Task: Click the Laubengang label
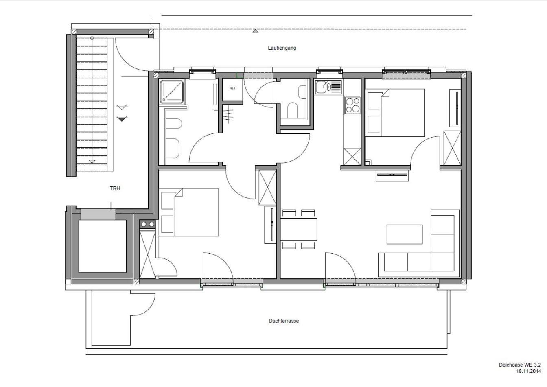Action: coord(282,48)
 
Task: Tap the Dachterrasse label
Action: coord(284,321)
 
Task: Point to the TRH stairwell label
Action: coord(115,188)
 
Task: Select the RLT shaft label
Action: coord(232,88)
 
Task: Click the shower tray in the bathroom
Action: coord(171,92)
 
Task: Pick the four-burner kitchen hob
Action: coord(352,105)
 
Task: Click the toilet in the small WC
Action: coord(293,110)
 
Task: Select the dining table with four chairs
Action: coord(299,229)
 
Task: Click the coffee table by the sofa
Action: coord(405,234)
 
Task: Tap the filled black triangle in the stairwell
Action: coord(122,119)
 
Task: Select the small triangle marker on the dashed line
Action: coord(255,31)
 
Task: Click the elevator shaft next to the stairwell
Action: coord(102,246)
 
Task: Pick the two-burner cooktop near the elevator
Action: coord(147,224)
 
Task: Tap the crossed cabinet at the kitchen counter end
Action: coord(352,157)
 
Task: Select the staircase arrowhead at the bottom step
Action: coord(92,162)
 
